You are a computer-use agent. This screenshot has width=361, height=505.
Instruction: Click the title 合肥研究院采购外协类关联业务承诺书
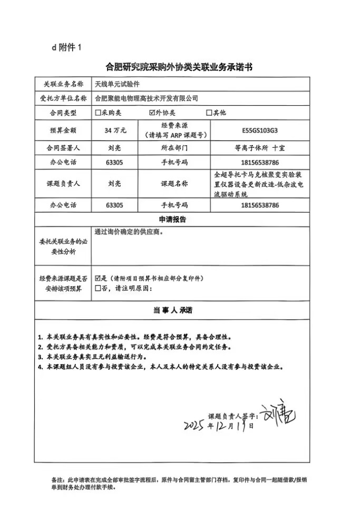click(180, 67)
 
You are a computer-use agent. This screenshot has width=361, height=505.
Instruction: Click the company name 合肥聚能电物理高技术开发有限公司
click(146, 98)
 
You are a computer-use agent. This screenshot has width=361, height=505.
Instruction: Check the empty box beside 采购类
click(97, 113)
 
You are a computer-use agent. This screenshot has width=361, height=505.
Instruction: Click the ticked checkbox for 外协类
click(153, 113)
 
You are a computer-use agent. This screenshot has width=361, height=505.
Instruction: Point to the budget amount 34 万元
click(115, 130)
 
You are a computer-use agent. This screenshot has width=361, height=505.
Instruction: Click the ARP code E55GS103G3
click(258, 130)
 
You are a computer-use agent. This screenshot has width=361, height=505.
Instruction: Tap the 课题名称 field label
click(174, 184)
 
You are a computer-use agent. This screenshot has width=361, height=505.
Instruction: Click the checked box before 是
click(97, 278)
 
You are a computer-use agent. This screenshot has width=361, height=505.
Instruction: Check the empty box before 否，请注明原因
click(97, 288)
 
